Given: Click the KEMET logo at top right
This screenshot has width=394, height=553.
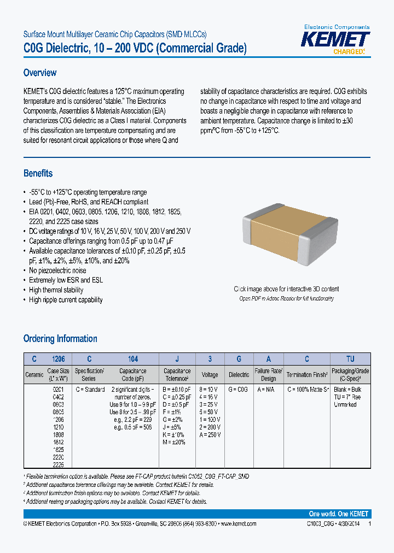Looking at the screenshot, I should [337, 40].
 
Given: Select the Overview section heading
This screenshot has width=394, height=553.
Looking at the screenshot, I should [40, 73].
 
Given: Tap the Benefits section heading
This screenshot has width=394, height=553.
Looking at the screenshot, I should [38, 173].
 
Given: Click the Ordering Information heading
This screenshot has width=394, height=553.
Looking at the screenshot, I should [60, 339].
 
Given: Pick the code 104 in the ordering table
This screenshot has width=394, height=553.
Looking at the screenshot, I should [132, 359].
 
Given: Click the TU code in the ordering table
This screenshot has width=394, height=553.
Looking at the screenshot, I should [350, 359].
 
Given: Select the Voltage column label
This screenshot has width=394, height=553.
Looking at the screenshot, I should [210, 375].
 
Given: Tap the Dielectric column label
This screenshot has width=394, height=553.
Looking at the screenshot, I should [239, 375].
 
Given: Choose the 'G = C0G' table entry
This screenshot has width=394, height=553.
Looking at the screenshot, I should [239, 389].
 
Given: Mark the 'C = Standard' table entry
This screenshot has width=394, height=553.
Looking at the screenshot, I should [90, 389].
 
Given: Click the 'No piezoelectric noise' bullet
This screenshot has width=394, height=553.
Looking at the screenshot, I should [57, 270].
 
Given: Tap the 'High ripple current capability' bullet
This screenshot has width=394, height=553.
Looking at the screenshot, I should [66, 300].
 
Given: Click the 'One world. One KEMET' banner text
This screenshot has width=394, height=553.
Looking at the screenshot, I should [339, 514].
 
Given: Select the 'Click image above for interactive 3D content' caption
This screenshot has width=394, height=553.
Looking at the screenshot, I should [286, 289].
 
